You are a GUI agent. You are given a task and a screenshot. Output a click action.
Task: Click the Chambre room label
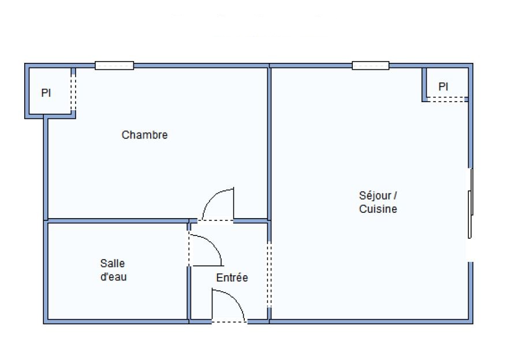[x=144, y=135]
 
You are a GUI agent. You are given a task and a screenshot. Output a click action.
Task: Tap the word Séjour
[x=375, y=196]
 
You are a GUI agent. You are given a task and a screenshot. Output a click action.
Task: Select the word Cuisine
[x=378, y=209]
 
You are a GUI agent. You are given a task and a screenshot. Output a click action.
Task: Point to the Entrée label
[x=232, y=277]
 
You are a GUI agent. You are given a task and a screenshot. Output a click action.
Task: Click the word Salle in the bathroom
[x=113, y=263]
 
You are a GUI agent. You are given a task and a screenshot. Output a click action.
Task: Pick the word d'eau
[x=113, y=277]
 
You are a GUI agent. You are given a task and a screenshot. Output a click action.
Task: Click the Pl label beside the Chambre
[x=46, y=93]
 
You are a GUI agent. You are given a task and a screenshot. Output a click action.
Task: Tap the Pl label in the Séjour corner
[x=443, y=87]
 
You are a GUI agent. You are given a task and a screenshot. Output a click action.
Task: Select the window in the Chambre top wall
[x=114, y=65]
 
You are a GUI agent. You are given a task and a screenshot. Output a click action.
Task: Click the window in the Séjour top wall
[x=371, y=65]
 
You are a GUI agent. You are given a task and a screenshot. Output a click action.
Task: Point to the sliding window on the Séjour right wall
[x=471, y=204]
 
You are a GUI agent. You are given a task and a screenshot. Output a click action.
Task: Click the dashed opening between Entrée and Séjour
[x=269, y=274]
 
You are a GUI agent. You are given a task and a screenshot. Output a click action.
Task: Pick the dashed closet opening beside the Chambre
[x=73, y=93]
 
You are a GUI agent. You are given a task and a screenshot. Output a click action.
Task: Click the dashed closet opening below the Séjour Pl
[x=447, y=99]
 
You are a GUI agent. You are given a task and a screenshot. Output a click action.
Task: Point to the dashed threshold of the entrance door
[x=229, y=321]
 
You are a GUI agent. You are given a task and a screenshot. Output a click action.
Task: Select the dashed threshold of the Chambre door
[x=215, y=220]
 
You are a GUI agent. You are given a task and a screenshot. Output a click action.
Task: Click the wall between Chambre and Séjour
[x=269, y=143]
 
